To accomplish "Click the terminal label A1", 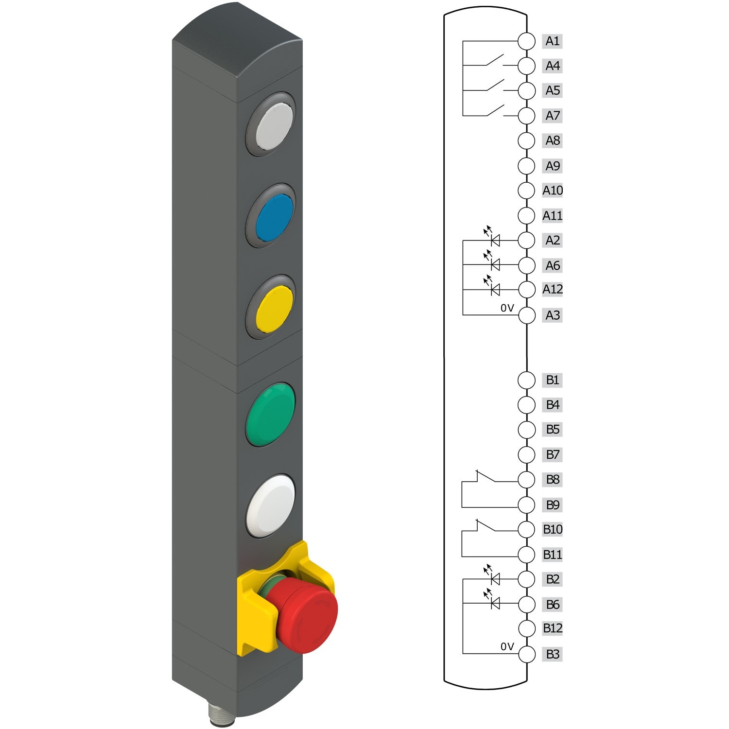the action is [553, 41].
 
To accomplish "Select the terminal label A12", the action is [553, 289].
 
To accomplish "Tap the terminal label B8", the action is [553, 479].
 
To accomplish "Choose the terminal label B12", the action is [553, 628].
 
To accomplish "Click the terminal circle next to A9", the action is [526, 166].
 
